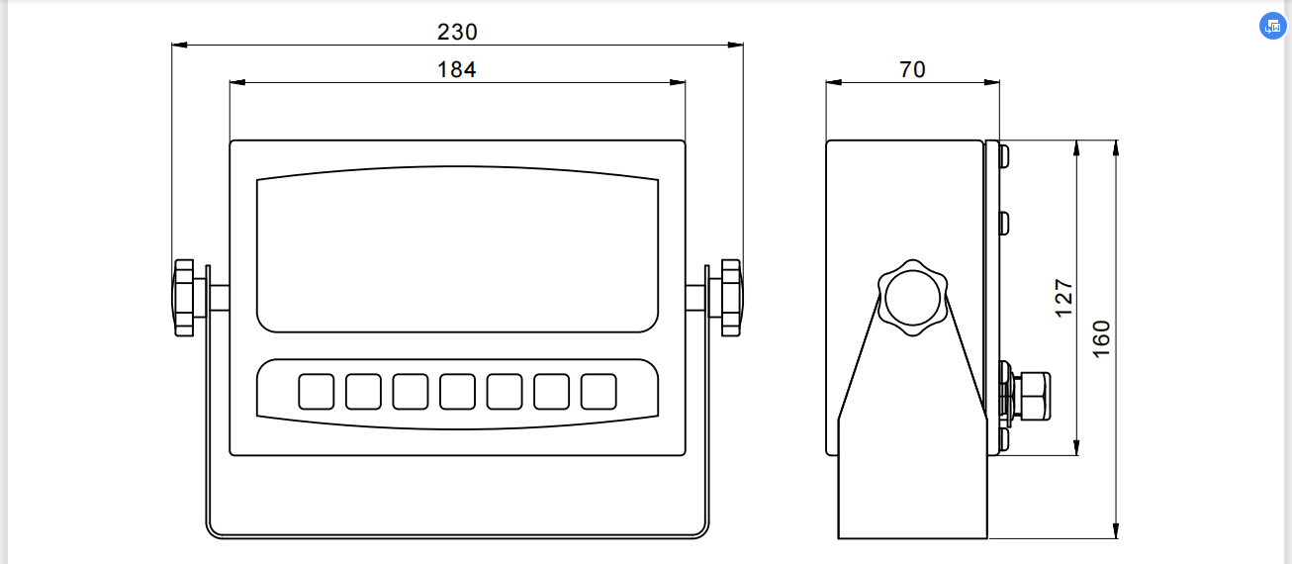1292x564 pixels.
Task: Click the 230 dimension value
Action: click(x=457, y=32)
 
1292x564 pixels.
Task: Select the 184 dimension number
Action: click(x=456, y=70)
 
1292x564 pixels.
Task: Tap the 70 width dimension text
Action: click(x=912, y=70)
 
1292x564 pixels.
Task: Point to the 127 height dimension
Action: click(x=1063, y=298)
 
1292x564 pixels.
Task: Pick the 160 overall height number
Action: click(x=1101, y=339)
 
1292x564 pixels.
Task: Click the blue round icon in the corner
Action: click(x=1272, y=26)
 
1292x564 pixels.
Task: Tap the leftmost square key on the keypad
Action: click(x=317, y=392)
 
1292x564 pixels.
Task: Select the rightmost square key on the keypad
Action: click(x=599, y=392)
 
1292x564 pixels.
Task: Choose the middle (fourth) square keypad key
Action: click(x=457, y=392)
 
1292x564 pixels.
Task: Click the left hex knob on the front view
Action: click(x=184, y=298)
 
